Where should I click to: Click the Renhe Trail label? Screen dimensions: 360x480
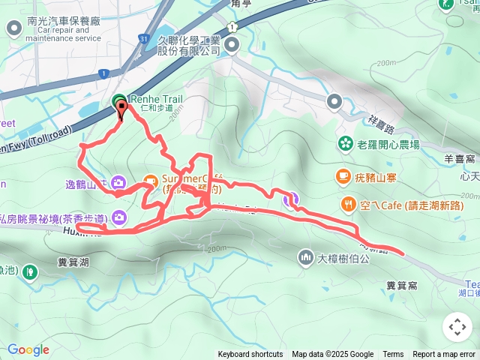[156, 98]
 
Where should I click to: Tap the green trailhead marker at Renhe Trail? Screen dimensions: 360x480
[119, 101]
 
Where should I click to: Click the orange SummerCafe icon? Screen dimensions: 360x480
[150, 181]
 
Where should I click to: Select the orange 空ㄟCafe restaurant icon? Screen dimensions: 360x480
[348, 204]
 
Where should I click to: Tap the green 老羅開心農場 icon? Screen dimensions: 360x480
[346, 142]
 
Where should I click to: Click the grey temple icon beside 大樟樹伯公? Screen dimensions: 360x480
[305, 258]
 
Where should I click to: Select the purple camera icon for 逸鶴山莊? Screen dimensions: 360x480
[118, 182]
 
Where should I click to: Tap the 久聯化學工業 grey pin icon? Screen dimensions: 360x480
[232, 46]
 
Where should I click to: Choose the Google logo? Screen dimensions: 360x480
[28, 349]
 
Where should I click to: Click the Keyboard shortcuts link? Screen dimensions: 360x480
[250, 355]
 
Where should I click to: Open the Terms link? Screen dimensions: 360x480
[393, 355]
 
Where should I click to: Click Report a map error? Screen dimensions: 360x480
[444, 355]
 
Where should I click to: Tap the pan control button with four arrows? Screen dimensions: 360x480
[457, 327]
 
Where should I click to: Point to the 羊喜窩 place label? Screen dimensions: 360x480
[460, 159]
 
